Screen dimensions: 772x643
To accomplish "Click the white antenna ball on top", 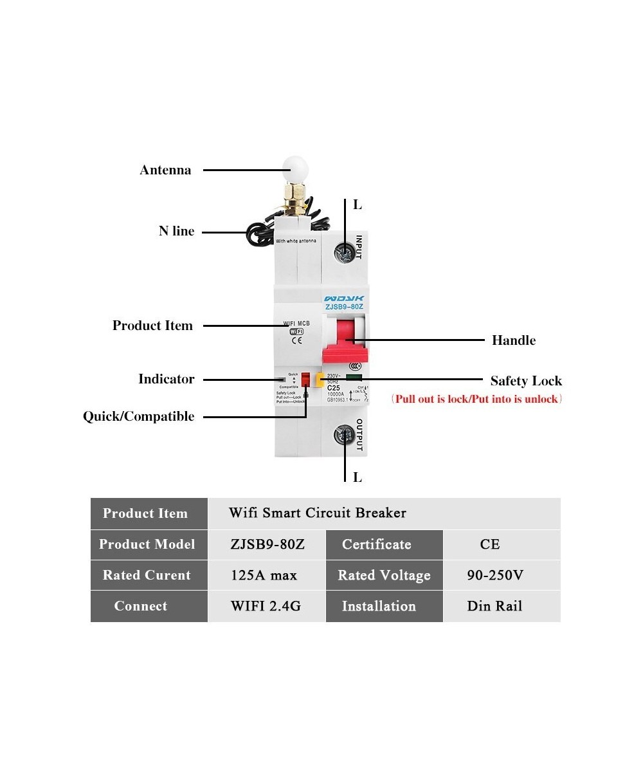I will pyautogui.click(x=294, y=170).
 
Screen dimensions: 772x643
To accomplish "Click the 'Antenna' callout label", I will pyautogui.click(x=165, y=170).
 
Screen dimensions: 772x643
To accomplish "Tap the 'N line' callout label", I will pyautogui.click(x=176, y=232).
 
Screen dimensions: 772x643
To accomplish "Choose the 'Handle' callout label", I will pyautogui.click(x=513, y=340).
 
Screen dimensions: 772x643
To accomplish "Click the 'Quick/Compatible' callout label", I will pyautogui.click(x=138, y=417).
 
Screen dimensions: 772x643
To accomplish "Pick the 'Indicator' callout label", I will pyautogui.click(x=166, y=380).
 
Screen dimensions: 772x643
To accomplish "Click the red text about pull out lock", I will pyautogui.click(x=476, y=400).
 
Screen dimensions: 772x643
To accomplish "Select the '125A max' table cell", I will pyautogui.click(x=264, y=575).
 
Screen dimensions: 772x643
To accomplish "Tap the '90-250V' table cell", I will pyautogui.click(x=495, y=575).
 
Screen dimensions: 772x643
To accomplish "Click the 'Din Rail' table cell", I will pyautogui.click(x=494, y=606).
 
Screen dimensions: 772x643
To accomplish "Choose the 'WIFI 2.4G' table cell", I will pyautogui.click(x=266, y=606).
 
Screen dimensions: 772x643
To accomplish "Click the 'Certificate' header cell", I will pyautogui.click(x=377, y=544).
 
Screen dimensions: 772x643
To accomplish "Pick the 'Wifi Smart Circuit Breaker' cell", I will pyautogui.click(x=318, y=513).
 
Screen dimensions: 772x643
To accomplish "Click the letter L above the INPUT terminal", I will pyautogui.click(x=358, y=205).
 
